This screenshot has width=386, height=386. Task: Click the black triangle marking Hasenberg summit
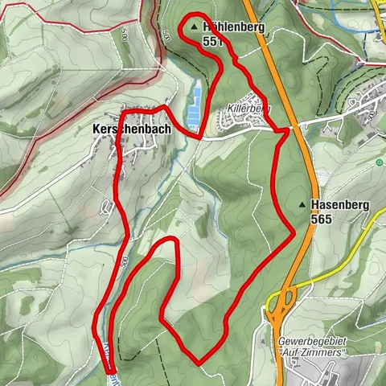[302, 205]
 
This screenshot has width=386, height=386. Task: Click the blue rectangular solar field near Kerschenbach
[194, 108]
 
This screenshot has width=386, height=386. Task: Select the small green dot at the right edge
[379, 162]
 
